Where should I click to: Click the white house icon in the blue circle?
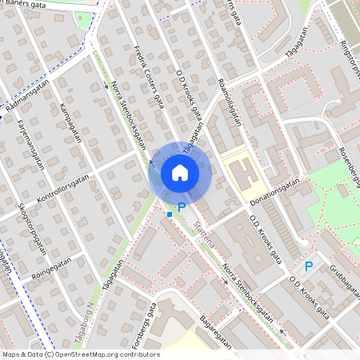tap(180, 172)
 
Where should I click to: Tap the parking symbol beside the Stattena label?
tap(182, 206)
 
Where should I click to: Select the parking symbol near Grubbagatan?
tap(308, 266)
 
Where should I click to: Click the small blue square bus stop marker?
tap(170, 214)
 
